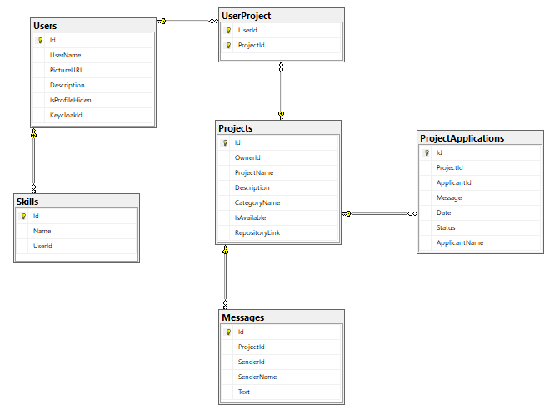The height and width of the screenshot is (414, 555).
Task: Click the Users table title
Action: (45, 26)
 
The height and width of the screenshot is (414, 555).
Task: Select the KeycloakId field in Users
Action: (66, 115)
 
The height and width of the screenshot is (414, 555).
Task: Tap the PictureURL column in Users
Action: (67, 70)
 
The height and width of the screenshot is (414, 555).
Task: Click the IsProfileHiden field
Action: (71, 100)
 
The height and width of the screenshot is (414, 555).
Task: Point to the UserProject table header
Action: (246, 16)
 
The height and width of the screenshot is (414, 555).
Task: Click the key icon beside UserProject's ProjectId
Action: (227, 46)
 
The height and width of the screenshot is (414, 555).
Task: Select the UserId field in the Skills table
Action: (43, 246)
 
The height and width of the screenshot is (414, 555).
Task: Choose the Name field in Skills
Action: (42, 231)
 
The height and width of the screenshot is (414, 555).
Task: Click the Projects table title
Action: (236, 128)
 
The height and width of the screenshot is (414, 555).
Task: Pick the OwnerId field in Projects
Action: (247, 157)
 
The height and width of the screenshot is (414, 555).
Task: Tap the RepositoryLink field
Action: (257, 232)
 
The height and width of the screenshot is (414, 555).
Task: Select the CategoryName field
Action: (257, 202)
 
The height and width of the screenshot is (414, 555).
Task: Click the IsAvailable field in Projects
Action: (251, 217)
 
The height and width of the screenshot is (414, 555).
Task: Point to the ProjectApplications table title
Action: (462, 138)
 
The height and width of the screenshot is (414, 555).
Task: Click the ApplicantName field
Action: (460, 242)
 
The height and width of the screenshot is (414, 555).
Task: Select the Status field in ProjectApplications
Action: (446, 227)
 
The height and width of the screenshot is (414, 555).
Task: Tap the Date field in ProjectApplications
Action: (443, 212)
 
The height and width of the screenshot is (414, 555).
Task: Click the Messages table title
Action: (243, 317)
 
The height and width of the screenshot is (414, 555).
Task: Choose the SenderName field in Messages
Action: (257, 377)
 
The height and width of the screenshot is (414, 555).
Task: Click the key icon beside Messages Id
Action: (227, 332)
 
